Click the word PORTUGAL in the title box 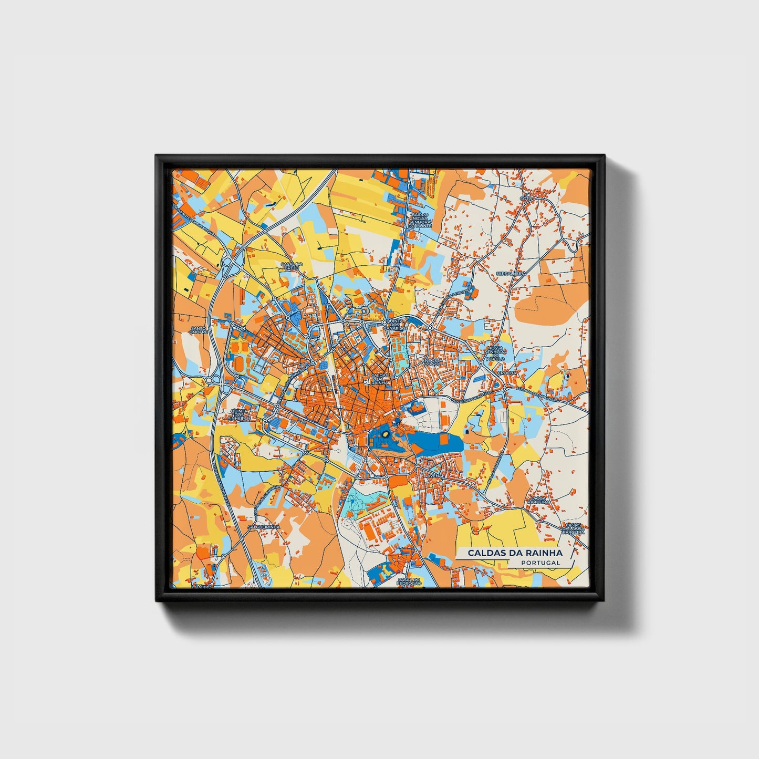(x=541, y=563)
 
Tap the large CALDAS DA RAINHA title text (x=515, y=553)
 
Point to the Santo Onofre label (x=199, y=329)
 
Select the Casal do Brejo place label (x=291, y=266)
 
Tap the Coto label (x=526, y=198)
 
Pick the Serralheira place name (x=514, y=274)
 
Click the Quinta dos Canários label (x=396, y=324)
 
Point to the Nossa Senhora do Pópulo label (x=495, y=353)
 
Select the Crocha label (x=508, y=372)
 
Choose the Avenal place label (x=436, y=475)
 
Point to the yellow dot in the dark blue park (x=384, y=434)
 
